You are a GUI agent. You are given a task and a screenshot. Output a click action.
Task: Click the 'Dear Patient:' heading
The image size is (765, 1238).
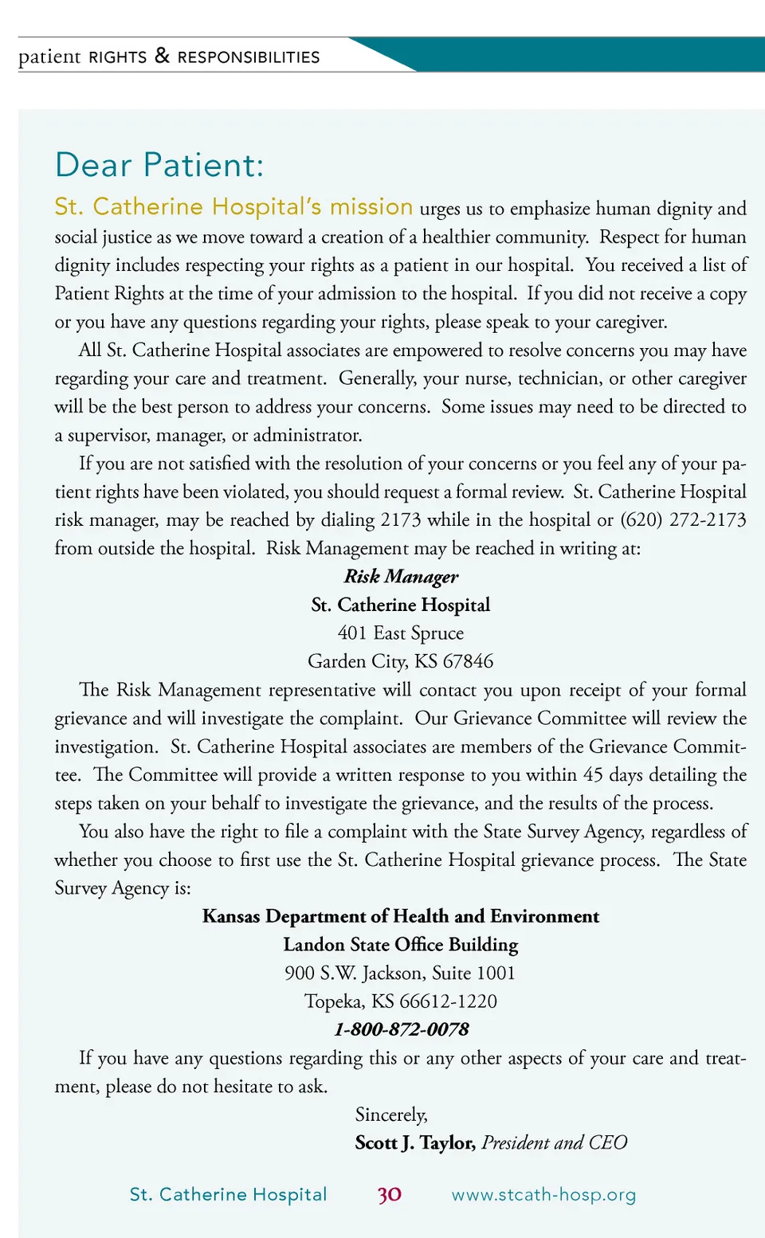(x=159, y=166)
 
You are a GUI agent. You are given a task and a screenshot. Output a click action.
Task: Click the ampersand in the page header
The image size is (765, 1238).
(x=163, y=56)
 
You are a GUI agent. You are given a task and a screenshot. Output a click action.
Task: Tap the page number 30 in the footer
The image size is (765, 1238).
(x=390, y=1194)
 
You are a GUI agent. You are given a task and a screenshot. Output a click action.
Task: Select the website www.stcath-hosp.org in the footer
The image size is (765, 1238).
(x=543, y=1194)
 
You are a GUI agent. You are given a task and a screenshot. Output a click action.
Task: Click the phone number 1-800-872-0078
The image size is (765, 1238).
(x=401, y=1029)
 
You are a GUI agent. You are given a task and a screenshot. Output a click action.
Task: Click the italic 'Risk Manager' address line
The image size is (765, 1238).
(x=401, y=576)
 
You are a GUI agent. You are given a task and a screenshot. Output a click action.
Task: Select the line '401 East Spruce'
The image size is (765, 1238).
(x=401, y=633)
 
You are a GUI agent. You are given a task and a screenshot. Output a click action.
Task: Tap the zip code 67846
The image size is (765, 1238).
(x=468, y=661)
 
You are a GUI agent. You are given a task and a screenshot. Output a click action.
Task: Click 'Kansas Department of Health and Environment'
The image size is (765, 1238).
(x=401, y=916)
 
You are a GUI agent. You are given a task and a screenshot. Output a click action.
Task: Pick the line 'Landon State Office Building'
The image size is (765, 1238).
(x=401, y=945)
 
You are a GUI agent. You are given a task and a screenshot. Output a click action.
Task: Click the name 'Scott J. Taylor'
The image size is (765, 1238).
(x=415, y=1143)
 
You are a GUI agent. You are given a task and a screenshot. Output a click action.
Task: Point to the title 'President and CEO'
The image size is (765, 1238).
(x=555, y=1143)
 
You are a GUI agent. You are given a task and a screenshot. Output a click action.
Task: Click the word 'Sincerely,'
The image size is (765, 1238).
(x=391, y=1115)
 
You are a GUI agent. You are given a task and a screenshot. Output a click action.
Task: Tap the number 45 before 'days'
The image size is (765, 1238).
(x=593, y=775)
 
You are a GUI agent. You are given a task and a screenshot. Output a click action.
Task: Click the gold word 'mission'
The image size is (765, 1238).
(x=371, y=207)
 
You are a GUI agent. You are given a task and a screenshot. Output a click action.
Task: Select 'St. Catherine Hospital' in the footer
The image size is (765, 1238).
(x=228, y=1194)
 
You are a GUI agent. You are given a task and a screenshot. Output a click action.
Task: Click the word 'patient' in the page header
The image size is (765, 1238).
(x=49, y=57)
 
